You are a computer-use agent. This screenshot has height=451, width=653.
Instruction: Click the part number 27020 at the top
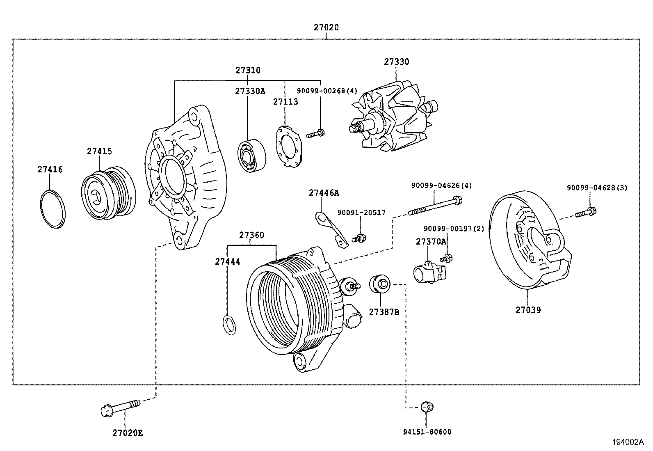[326, 27]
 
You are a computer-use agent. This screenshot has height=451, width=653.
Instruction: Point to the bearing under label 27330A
[251, 156]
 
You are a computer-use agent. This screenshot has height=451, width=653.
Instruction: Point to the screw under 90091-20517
[359, 237]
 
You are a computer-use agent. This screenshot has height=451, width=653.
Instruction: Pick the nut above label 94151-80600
[427, 407]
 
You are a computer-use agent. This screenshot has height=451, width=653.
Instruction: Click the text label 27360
[252, 235]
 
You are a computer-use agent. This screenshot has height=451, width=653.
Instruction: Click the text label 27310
[248, 70]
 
